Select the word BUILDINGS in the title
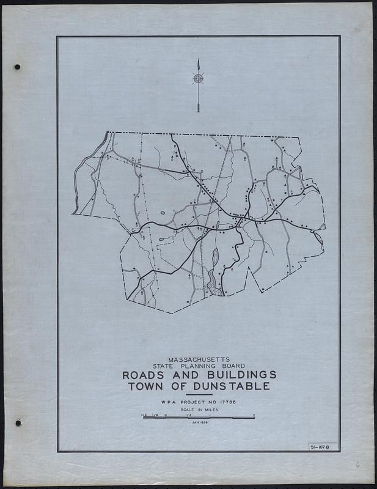[x=232, y=374]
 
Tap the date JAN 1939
[x=199, y=422]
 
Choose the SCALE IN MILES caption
[x=199, y=410]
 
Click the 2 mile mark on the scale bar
[x=254, y=415]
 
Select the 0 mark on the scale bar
[x=165, y=415]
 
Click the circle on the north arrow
[x=198, y=78]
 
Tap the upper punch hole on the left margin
[x=17, y=67]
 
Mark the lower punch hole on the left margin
[x=18, y=422]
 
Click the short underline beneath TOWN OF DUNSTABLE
[x=199, y=394]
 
